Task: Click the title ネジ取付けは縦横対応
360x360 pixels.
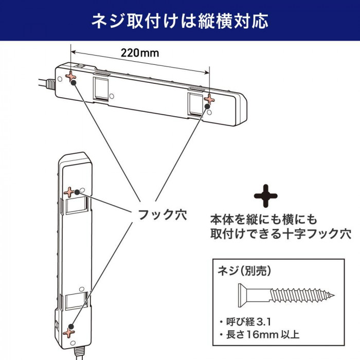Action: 179,22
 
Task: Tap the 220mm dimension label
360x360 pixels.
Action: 140,53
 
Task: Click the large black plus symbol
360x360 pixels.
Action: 266,196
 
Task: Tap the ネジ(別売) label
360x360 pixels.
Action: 244,271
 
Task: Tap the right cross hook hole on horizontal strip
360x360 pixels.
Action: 209,98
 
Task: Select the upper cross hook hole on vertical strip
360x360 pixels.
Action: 70,192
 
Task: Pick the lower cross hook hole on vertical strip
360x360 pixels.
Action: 68,332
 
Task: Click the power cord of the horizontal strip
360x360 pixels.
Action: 46,83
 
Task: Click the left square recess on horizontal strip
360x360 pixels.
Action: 101,87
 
